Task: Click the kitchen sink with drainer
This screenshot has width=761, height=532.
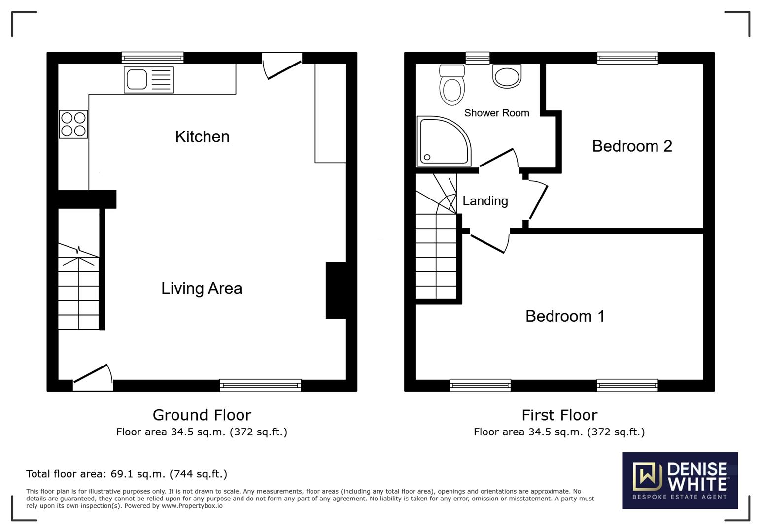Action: point(149,79)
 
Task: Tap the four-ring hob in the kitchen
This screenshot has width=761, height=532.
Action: point(73,124)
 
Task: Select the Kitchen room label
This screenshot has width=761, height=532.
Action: point(202,136)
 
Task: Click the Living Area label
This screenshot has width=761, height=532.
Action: point(202,288)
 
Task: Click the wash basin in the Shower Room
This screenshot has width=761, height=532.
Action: point(507,76)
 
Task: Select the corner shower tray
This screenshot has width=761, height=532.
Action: point(442,141)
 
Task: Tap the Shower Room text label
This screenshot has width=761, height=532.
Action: point(496,113)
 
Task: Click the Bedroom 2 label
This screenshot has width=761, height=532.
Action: point(632,146)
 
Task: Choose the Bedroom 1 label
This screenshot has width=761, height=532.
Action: point(565,316)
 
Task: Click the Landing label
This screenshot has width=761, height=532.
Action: point(485,201)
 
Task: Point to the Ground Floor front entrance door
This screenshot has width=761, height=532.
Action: point(93,378)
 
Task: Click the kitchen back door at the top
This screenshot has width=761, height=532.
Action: point(282,67)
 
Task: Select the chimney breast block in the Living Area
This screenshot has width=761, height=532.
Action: point(335,290)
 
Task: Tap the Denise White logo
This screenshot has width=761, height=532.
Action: point(680,480)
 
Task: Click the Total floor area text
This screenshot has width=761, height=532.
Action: point(127,474)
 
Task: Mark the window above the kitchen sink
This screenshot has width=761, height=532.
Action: point(153,58)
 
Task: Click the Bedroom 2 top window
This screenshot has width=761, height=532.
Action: point(627,58)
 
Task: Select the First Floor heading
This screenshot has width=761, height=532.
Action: point(559,415)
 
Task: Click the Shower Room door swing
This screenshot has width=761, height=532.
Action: point(499,159)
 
